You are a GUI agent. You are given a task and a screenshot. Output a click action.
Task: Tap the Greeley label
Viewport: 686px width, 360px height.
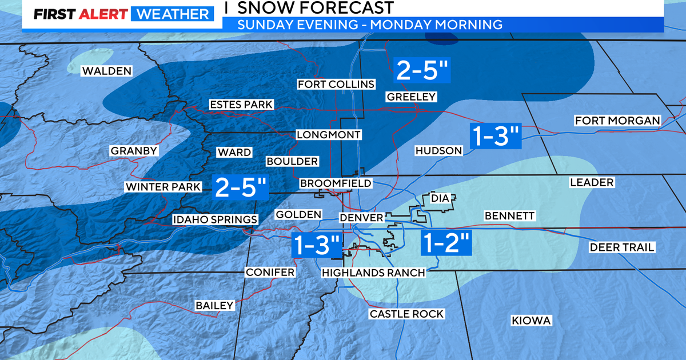click(x=411, y=97)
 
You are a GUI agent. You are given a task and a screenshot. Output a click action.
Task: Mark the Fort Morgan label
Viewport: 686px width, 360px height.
click(x=617, y=121)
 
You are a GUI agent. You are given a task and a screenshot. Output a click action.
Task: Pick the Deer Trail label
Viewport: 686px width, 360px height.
click(x=622, y=247)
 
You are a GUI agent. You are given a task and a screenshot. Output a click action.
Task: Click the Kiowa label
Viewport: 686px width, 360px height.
click(x=531, y=321)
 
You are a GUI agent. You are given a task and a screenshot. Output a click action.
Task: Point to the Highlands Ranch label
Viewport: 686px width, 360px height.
click(x=373, y=273)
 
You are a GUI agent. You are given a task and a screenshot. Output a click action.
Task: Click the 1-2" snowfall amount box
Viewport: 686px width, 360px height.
click(x=446, y=243)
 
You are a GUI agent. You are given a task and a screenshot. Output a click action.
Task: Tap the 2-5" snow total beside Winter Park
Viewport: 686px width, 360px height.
click(x=241, y=187)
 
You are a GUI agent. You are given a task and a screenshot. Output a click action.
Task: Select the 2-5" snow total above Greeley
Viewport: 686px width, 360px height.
click(x=424, y=71)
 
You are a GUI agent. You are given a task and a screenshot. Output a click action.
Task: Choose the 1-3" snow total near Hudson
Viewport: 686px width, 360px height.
click(x=495, y=136)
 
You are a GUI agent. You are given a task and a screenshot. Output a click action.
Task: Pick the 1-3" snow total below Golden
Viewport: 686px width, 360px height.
click(x=317, y=245)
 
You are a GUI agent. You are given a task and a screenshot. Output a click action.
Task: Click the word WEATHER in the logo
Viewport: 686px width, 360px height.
click(x=171, y=14)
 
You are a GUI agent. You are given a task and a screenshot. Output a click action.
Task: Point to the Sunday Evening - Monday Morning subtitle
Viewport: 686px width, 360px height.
click(x=370, y=25)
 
